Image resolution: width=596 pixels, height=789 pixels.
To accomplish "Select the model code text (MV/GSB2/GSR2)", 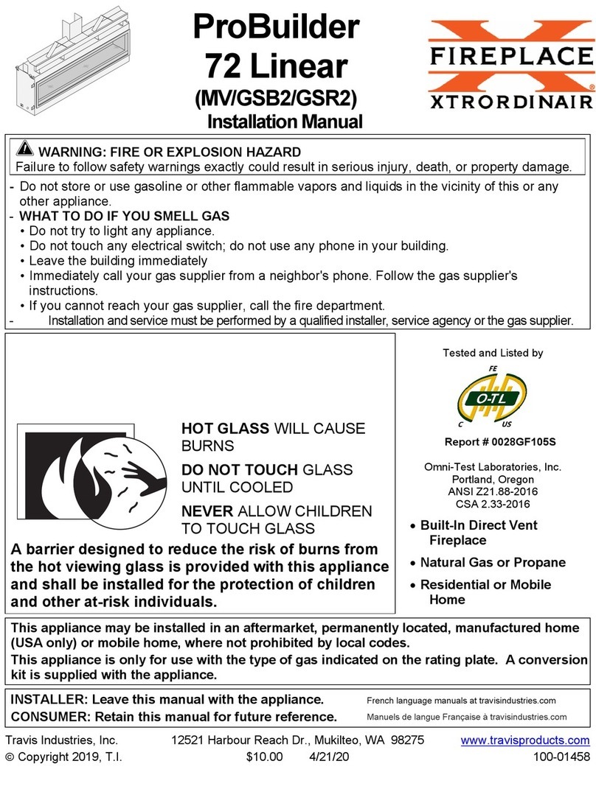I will tap(276, 97).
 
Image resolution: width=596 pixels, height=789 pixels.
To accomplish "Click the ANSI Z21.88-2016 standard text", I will tap(493, 491).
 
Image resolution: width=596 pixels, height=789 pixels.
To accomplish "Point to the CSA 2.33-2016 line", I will tap(493, 504).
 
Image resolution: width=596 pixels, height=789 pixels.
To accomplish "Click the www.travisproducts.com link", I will tap(525, 740).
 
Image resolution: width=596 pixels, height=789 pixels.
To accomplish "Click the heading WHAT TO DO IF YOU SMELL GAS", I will tap(124, 217).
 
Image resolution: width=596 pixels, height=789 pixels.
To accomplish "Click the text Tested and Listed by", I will tap(493, 353).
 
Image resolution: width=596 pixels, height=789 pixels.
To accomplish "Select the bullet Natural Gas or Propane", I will tap(492, 563).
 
